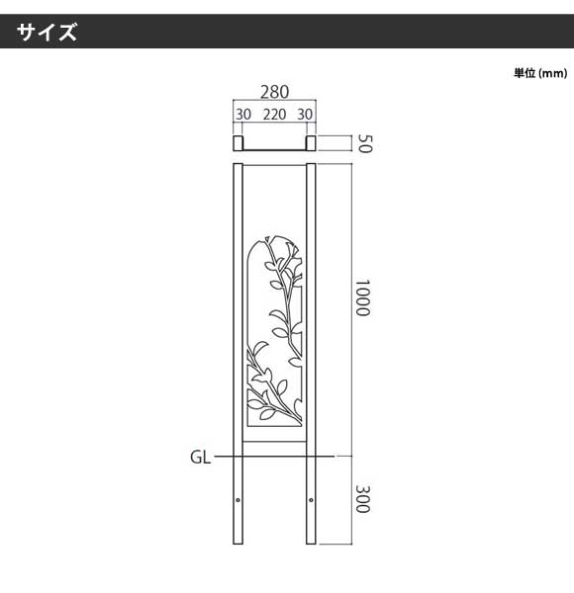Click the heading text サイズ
point(47,32)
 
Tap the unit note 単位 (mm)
point(540,73)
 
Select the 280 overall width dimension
point(274,92)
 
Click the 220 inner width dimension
point(274,115)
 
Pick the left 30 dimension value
point(243,115)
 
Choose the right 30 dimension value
point(305,115)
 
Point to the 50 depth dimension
point(365,143)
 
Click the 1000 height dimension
point(362,297)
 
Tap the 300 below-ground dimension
point(362,499)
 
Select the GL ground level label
point(200,458)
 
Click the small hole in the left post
point(238,500)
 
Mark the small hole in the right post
point(311,500)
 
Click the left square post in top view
point(238,143)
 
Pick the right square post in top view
point(311,143)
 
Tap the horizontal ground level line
point(274,457)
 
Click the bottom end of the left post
point(238,544)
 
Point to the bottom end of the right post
point(311,544)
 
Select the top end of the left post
point(238,164)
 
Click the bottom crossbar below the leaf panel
point(274,441)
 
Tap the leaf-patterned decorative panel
point(275,331)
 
